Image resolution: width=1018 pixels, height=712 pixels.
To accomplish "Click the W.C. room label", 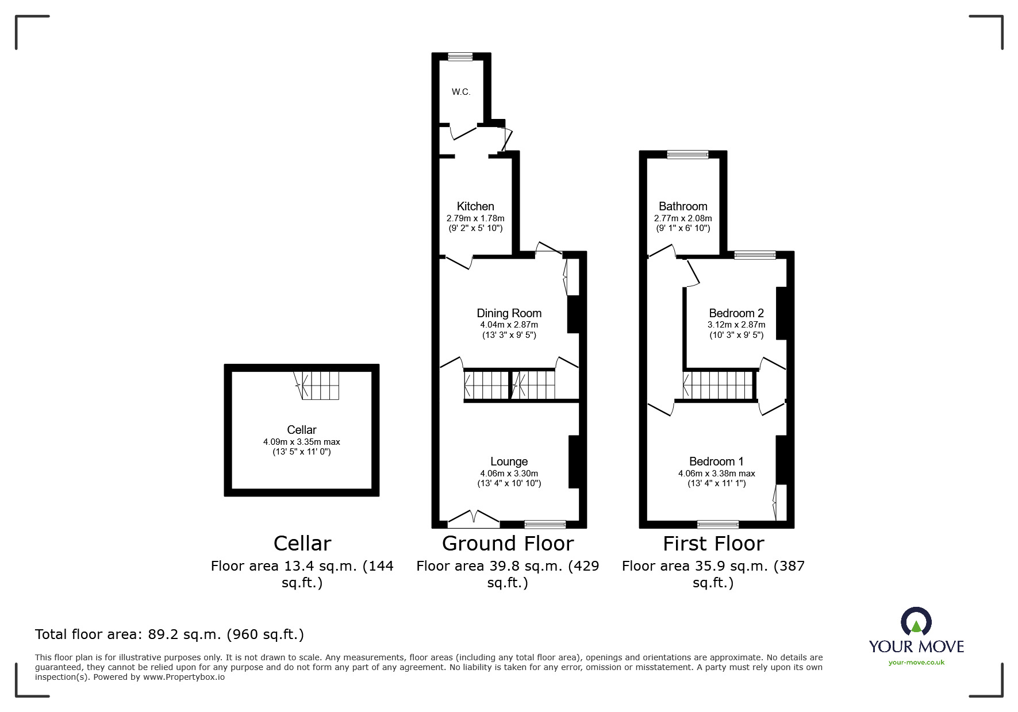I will (460, 92).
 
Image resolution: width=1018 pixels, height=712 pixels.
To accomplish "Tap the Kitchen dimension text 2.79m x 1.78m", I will (475, 218).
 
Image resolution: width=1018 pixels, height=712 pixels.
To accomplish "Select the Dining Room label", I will (509, 313).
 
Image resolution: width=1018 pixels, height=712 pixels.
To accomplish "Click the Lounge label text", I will (509, 461).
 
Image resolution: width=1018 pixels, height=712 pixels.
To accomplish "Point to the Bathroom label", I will (683, 206).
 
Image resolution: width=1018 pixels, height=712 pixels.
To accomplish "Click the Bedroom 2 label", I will (736, 313).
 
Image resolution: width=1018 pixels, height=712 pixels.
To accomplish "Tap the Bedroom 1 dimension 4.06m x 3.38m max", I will (716, 474).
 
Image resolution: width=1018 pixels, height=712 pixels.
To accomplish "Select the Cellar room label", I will (301, 430).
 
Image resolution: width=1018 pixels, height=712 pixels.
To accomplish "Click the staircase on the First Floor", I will (719, 384).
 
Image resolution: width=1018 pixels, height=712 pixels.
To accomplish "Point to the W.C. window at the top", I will (460, 56).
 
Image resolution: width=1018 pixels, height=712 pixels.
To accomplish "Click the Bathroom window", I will (687, 154).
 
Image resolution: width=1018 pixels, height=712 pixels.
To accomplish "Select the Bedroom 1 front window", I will (717, 524).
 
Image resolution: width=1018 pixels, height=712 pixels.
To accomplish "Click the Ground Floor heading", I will (508, 544).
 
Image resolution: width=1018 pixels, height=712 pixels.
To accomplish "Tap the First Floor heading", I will (713, 544).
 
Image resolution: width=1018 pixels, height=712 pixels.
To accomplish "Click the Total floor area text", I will (170, 634).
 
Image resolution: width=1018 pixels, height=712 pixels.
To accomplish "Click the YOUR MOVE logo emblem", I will (916, 622).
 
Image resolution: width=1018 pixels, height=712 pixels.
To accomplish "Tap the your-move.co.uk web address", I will (916, 663).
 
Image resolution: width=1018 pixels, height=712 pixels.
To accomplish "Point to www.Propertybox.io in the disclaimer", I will (183, 677).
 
